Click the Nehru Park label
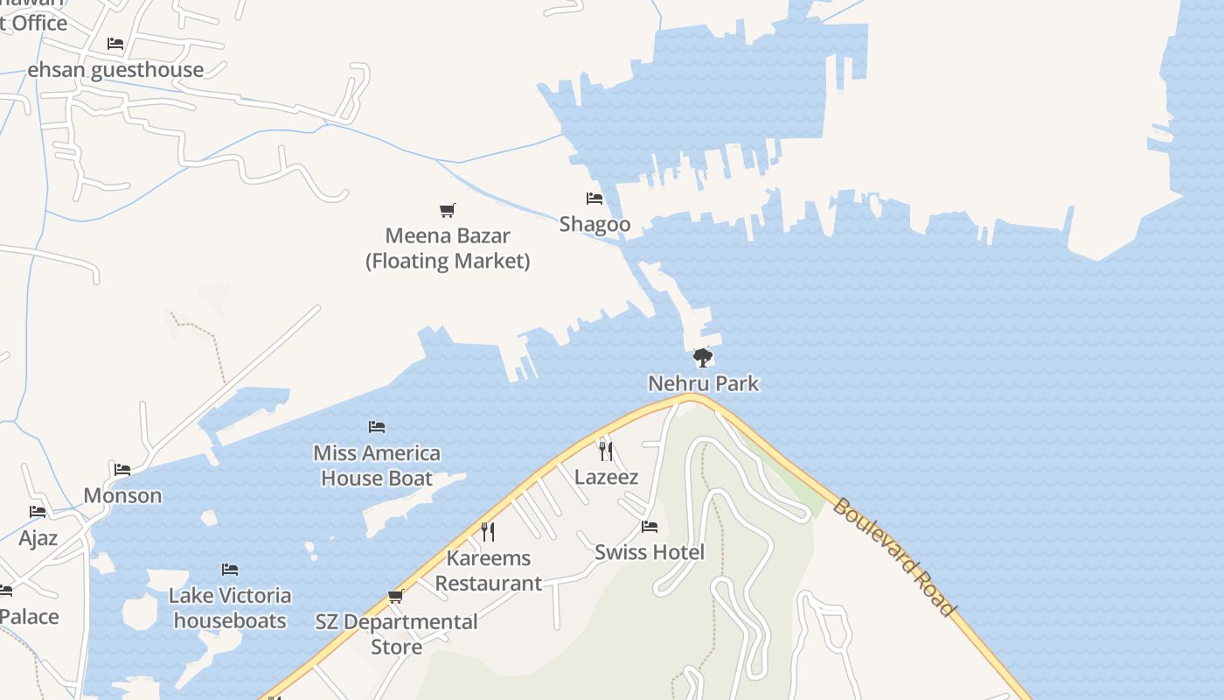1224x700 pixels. (703, 383)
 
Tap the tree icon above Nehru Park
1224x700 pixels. (702, 357)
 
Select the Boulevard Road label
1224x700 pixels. (893, 556)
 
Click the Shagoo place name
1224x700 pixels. (595, 224)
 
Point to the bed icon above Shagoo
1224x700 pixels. (595, 199)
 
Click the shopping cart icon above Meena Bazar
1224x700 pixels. (448, 210)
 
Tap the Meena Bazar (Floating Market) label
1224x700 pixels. (448, 248)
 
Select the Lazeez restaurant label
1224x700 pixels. (606, 478)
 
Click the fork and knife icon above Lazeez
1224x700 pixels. (605, 451)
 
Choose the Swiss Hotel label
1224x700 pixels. (649, 552)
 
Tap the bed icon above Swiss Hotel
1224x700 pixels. (649, 527)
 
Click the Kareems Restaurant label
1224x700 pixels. (489, 570)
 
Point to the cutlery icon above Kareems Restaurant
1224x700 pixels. (488, 531)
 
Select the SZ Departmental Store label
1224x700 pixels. (397, 634)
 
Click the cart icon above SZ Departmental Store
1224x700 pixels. (396, 597)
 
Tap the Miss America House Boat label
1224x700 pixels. (377, 465)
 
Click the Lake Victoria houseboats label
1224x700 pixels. (230, 608)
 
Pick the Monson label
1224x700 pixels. (122, 495)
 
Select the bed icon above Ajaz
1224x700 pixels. (38, 512)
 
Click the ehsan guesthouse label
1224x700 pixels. (115, 70)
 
